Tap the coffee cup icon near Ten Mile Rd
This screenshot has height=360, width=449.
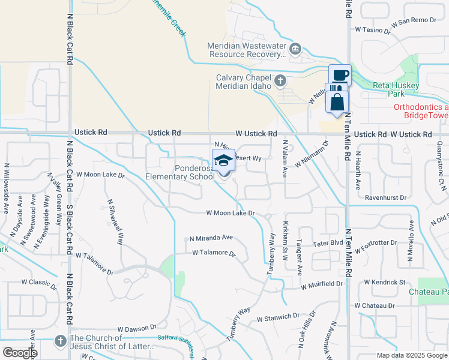coord(340,76)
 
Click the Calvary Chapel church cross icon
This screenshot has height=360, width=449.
coord(280,80)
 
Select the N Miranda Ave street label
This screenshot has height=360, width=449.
coord(211,238)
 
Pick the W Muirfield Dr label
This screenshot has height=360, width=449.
coord(322,283)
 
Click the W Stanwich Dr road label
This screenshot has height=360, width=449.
coord(278,317)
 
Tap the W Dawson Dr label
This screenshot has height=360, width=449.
coord(136,329)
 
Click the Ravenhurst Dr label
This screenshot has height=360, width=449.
coord(385,197)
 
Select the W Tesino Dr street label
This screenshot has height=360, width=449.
coord(373,28)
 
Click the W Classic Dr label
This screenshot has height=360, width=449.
coord(38,281)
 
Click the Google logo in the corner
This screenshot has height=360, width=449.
coord(20,353)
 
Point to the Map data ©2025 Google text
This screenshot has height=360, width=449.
coord(412,355)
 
